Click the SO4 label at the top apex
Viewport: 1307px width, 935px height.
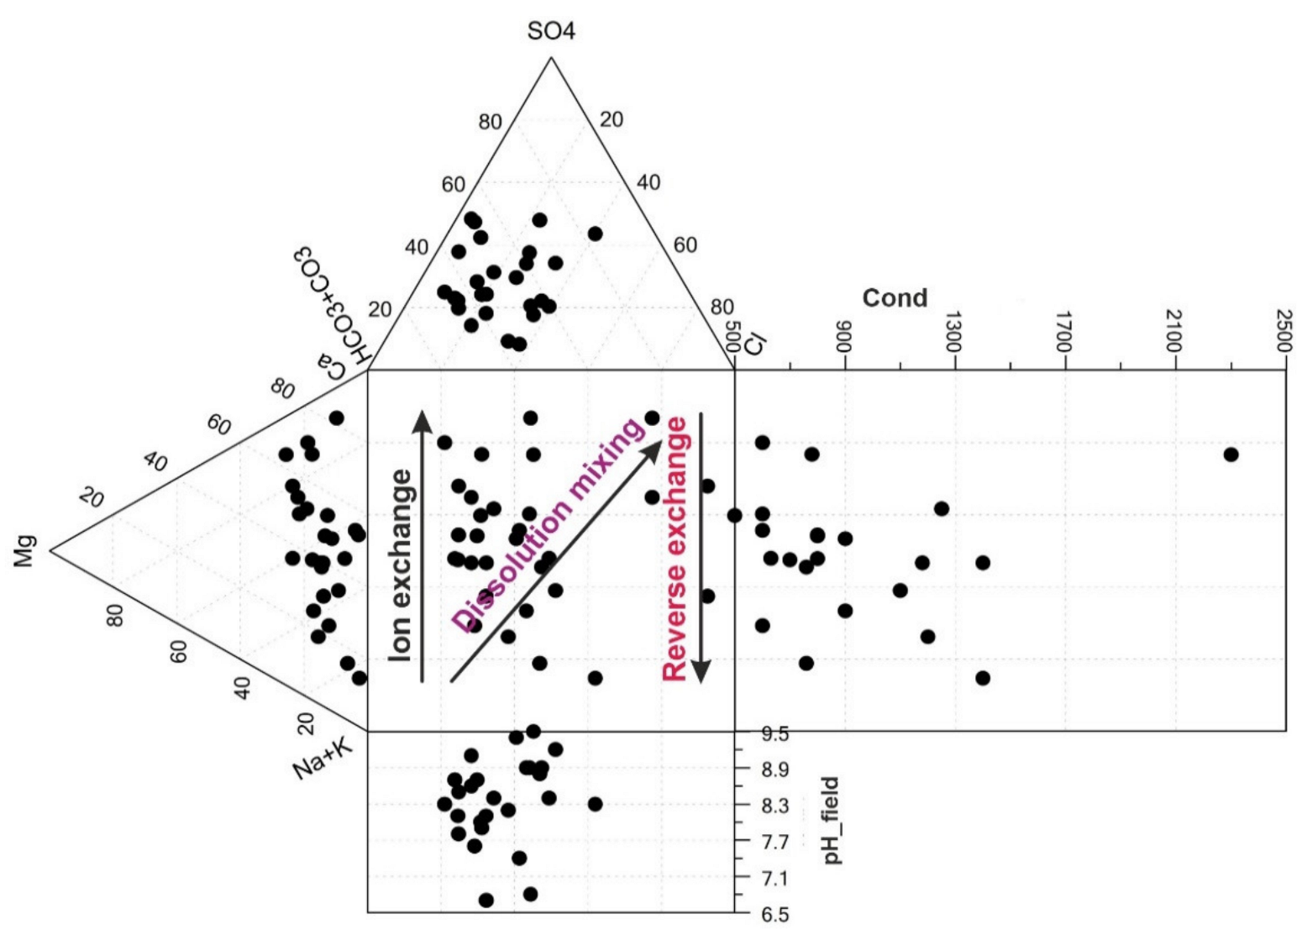[551, 32]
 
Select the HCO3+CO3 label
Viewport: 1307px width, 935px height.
[331, 307]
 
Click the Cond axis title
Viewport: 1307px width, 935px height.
[895, 298]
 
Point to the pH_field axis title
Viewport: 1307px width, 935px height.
[832, 821]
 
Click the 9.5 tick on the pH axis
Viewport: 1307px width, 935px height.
[774, 734]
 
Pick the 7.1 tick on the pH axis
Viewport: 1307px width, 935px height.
[774, 879]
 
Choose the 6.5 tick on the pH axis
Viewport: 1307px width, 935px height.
[774, 915]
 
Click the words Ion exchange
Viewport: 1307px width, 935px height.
[402, 565]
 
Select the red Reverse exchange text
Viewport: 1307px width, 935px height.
[675, 549]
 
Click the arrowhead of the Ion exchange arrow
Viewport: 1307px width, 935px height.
[423, 419]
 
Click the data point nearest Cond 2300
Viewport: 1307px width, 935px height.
[1231, 454]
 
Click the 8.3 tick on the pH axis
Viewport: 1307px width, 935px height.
[774, 806]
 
